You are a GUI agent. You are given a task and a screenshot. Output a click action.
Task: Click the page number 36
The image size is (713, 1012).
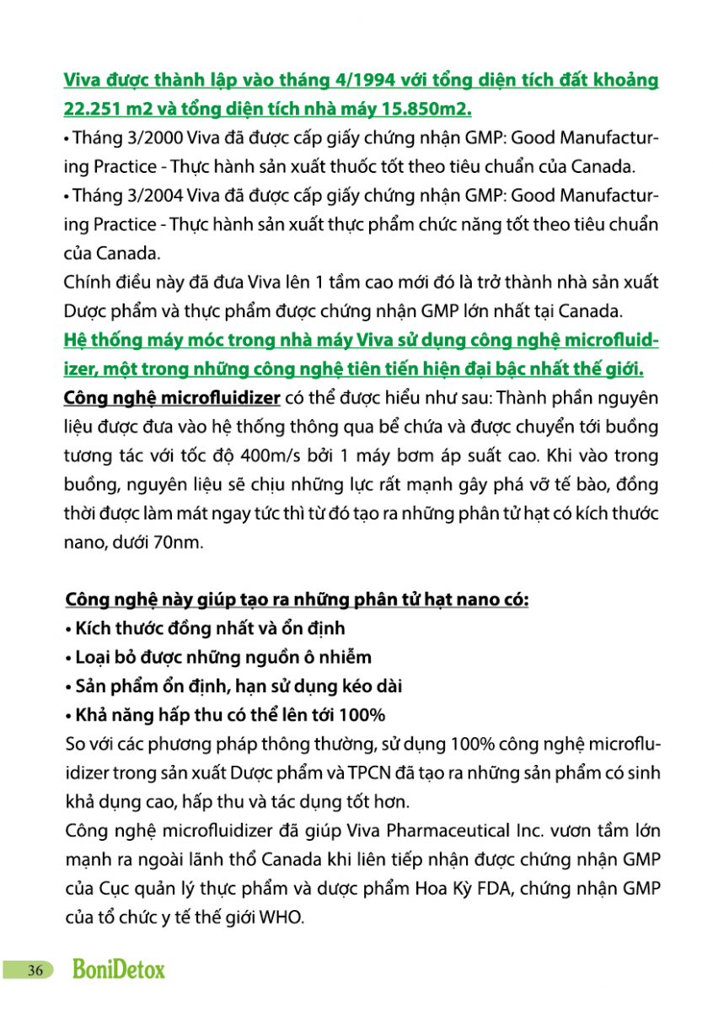pos(35,970)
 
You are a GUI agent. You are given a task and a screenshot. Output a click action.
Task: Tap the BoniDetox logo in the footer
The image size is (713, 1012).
pos(119,970)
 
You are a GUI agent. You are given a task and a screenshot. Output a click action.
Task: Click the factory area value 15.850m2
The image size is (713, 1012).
pos(427,109)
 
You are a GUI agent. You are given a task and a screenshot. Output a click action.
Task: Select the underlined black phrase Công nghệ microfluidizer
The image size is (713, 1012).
pos(172,398)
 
